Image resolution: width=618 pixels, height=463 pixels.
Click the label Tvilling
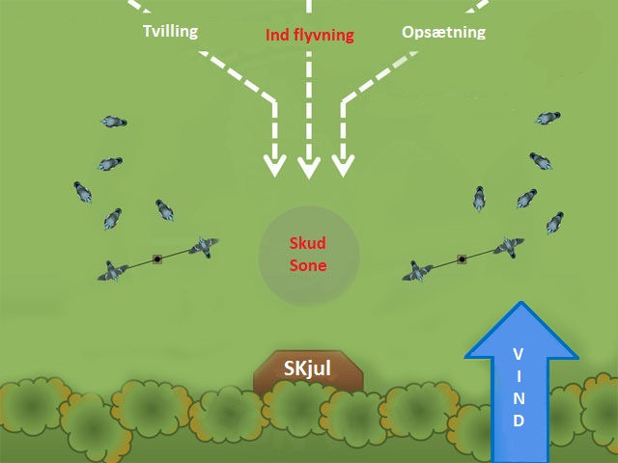[x=169, y=31]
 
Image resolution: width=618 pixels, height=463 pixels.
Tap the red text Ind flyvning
[x=310, y=36]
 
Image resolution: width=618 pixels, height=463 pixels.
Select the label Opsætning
[x=443, y=33]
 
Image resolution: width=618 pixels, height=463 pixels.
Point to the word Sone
[x=309, y=266]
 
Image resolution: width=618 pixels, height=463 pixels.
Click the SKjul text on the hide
[x=309, y=368]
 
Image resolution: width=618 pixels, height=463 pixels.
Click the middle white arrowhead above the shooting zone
[x=309, y=168]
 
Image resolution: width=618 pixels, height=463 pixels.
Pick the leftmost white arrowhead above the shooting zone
[x=275, y=166]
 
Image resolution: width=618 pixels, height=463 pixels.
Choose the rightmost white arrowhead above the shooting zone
[x=343, y=166]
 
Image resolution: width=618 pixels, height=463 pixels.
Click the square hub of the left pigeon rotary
[x=156, y=259]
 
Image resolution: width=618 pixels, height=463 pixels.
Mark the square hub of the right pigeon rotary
[x=463, y=259]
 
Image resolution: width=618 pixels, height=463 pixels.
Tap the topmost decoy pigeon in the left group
[x=114, y=123]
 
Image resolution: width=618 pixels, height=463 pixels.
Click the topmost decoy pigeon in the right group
[x=548, y=118]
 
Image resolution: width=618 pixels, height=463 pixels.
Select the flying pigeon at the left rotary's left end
[x=114, y=272]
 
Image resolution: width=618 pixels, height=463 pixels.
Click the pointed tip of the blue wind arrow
[x=521, y=305]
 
